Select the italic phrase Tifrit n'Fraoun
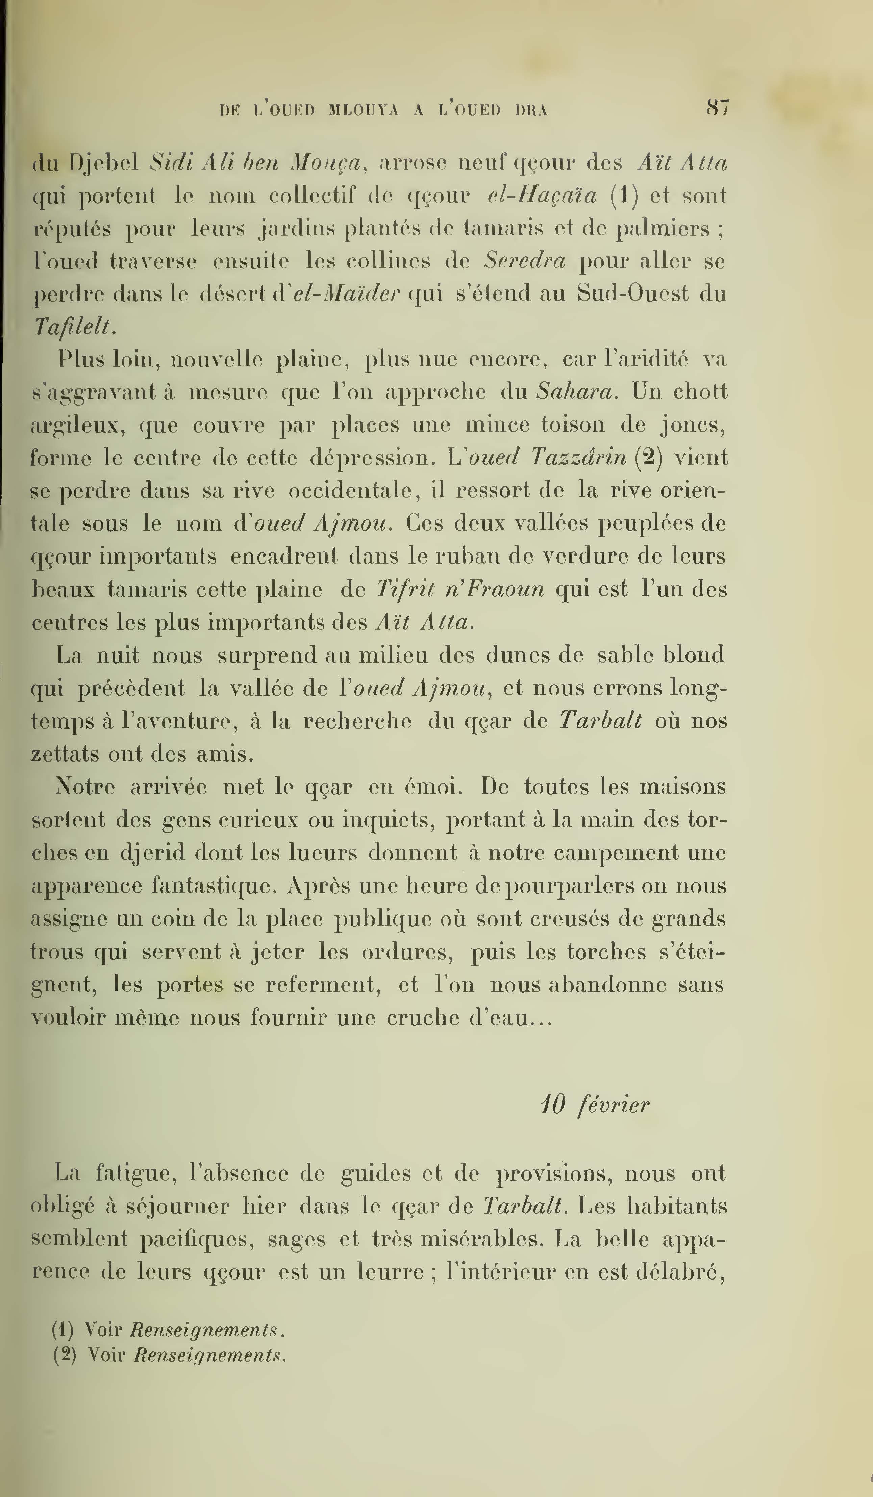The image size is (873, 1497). coord(460,589)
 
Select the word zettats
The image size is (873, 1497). coord(65,754)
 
